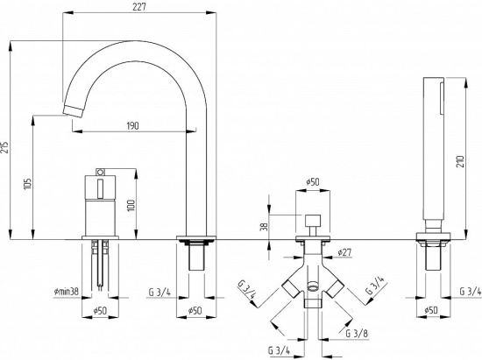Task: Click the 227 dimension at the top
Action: coord(139,7)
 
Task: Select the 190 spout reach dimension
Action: coord(132,125)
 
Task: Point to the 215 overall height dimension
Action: coord(4,148)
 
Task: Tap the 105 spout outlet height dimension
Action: coord(27,184)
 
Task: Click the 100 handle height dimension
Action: coord(131,205)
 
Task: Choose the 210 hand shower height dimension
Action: coord(460,161)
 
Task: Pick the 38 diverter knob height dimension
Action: coord(265,227)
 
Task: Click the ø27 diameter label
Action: coord(344,252)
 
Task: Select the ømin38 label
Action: coord(66,291)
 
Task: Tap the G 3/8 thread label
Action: coord(357,333)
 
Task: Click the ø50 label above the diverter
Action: coord(312,182)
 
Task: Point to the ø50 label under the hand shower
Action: coord(431,310)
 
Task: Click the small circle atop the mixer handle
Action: coord(100,172)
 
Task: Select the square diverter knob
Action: coord(313,221)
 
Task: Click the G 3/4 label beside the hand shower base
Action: coord(471,291)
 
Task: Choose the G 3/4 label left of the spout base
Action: coord(159,292)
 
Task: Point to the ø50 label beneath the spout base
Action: coord(195,310)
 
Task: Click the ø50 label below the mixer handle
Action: coord(100,310)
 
